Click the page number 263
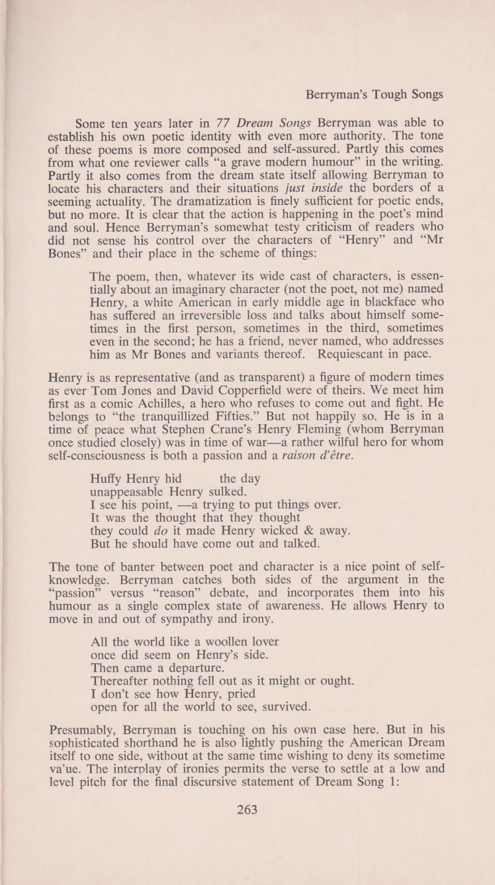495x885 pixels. [247, 810]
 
